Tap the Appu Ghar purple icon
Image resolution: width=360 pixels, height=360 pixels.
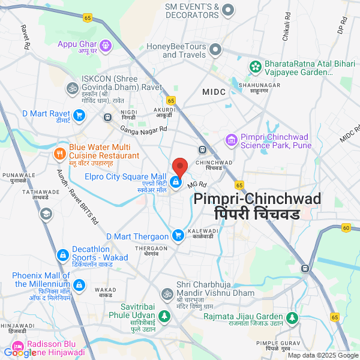(x=106, y=44)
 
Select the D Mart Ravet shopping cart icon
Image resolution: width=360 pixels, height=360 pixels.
(x=79, y=115)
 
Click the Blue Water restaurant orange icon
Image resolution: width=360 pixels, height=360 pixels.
(x=59, y=154)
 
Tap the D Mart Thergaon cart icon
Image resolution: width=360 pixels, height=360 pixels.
(x=178, y=235)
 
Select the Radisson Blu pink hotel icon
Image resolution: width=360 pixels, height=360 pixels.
(x=18, y=347)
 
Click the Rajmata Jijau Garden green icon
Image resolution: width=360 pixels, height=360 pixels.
(x=292, y=317)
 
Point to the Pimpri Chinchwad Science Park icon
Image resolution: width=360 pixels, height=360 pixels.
(x=231, y=140)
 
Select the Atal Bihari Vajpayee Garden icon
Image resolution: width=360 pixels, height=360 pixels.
(x=256, y=65)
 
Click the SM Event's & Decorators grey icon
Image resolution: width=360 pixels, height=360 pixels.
(x=228, y=10)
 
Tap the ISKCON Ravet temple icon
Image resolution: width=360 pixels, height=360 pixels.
(x=72, y=88)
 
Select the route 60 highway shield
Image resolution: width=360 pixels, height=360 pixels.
(x=346, y=227)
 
